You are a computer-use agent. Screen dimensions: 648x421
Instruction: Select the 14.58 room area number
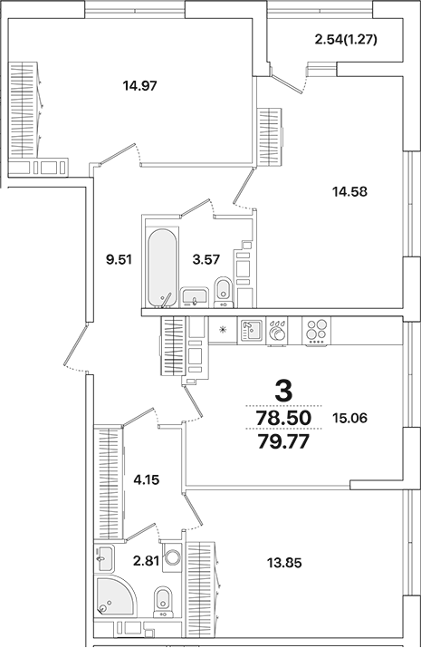(349, 191)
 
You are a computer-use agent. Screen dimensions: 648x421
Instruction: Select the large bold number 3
(283, 392)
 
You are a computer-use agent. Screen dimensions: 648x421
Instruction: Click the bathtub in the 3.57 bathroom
(162, 268)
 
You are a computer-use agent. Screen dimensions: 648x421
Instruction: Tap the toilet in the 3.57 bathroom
(223, 292)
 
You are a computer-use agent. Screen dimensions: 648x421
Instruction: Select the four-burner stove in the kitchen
(315, 331)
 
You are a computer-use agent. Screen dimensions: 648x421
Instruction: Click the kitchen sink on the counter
(251, 332)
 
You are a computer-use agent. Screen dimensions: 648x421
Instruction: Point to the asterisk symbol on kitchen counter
(223, 330)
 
